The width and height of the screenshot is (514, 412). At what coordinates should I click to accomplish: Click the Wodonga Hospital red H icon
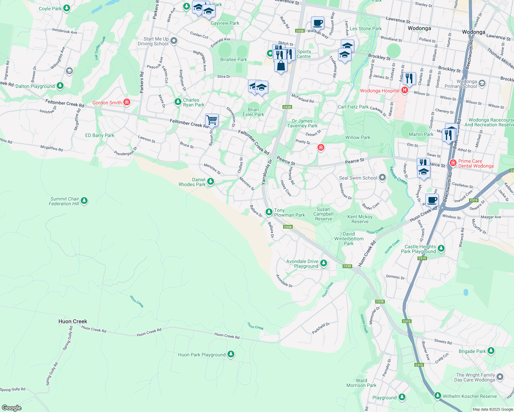click(405, 91)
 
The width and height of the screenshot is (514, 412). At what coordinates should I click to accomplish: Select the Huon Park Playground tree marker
click(231, 354)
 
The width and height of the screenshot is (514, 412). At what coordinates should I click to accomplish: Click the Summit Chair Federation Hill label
click(64, 201)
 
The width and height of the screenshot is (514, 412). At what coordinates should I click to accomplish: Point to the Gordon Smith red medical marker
click(127, 102)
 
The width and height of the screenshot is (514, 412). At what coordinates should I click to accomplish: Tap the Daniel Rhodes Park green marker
click(210, 181)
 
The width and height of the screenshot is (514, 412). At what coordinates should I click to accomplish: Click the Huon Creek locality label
click(73, 321)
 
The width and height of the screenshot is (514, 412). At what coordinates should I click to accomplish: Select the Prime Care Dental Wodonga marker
click(453, 163)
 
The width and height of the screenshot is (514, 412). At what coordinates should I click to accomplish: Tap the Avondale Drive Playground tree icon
click(323, 263)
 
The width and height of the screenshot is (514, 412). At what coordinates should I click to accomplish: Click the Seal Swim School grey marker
click(382, 178)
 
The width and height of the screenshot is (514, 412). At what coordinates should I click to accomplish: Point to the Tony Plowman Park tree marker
click(269, 212)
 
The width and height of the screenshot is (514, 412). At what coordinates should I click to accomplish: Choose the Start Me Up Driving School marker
click(174, 41)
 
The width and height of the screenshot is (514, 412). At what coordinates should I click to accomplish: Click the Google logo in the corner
click(11, 408)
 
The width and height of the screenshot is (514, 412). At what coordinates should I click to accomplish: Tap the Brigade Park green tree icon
click(491, 351)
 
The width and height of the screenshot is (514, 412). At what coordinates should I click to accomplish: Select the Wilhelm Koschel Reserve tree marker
click(437, 396)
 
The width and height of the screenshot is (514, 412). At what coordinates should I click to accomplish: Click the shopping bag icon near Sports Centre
click(281, 66)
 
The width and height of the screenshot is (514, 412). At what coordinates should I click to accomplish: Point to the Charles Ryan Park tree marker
click(178, 102)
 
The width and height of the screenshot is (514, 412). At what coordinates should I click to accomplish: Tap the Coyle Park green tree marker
click(67, 8)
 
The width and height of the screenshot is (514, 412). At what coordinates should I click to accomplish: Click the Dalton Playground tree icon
click(60, 85)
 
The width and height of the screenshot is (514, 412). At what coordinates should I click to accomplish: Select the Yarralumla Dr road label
click(267, 172)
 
